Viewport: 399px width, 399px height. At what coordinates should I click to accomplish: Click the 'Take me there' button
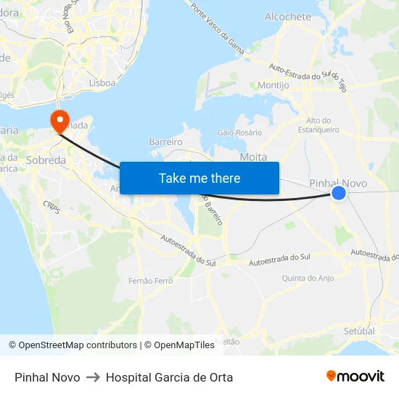pos(199,178)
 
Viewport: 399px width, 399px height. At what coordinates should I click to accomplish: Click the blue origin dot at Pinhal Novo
pos(339,192)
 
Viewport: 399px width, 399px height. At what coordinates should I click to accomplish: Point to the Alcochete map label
pos(288,17)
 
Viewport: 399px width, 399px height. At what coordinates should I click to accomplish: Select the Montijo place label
pos(273,86)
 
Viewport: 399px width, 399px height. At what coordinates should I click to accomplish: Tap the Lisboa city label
pos(102,83)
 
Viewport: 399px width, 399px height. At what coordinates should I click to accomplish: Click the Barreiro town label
pos(165,142)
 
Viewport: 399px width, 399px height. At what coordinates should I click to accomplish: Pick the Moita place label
pos(253,157)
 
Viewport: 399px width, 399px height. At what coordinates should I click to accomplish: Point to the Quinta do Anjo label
pos(308,278)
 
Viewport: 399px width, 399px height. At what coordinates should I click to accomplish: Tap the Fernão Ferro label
pos(150,280)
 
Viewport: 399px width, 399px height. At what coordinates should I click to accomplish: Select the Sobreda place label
pos(46,160)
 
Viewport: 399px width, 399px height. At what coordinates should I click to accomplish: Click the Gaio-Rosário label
pos(240,133)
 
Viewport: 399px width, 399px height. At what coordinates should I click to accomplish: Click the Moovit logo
pos(355,377)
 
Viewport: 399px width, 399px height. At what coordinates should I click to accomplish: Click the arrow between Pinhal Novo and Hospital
pos(93,377)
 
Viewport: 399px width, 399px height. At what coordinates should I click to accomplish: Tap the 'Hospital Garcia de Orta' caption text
pos(169,377)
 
